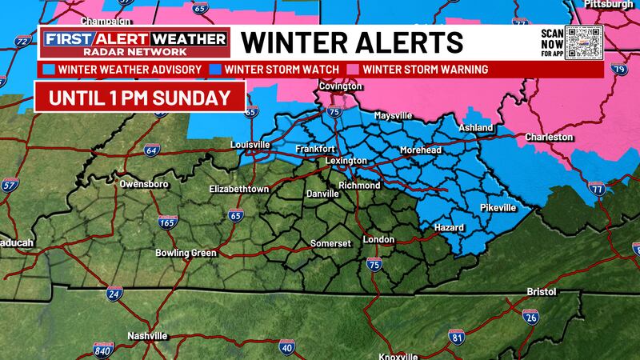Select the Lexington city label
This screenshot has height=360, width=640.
tap(345, 161)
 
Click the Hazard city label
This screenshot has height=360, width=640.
tap(449, 228)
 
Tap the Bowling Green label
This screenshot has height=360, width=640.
tap(186, 254)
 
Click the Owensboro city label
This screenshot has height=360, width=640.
tap(144, 184)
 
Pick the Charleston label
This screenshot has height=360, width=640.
tap(549, 137)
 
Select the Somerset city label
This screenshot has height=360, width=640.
tap(331, 243)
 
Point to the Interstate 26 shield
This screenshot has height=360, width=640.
tap(531, 318)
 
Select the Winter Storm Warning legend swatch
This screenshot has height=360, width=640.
tap(354, 70)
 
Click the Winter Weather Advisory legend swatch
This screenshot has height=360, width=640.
tap(50, 70)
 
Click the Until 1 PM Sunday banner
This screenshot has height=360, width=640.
tap(135, 99)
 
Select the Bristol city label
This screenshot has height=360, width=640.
tap(542, 292)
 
